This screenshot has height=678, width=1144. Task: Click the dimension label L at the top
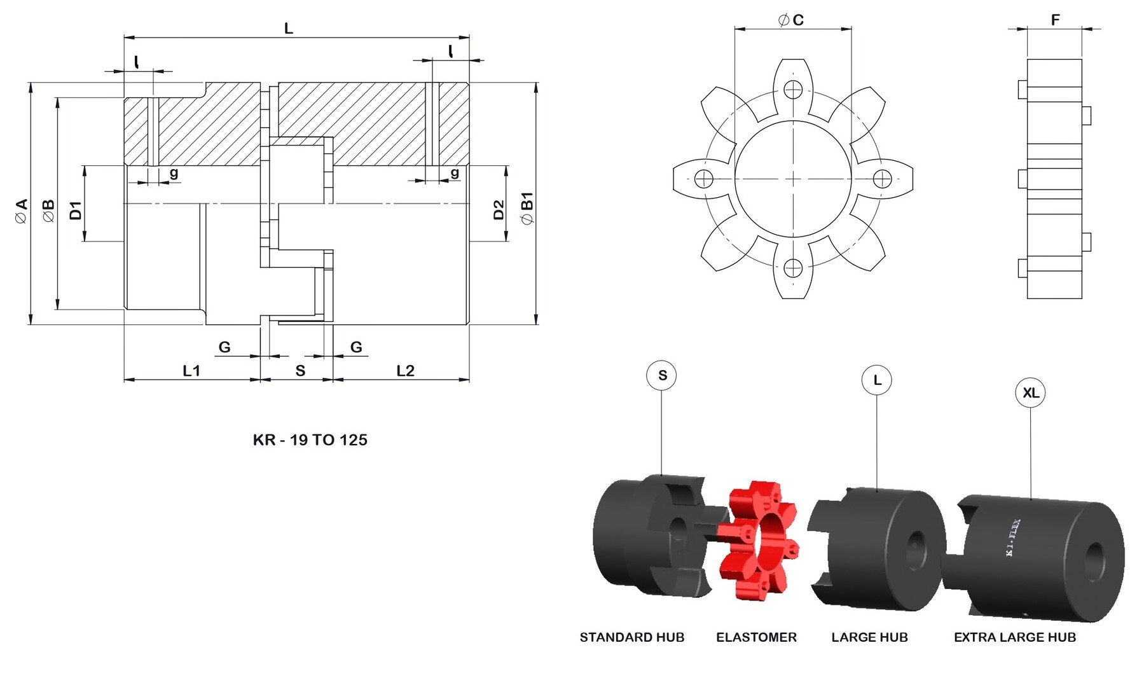pyautogui.click(x=288, y=29)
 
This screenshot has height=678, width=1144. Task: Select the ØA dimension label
pyautogui.click(x=21, y=211)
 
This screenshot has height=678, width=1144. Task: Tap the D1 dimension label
pyautogui.click(x=76, y=211)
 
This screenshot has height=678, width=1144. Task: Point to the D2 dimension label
pyautogui.click(x=499, y=209)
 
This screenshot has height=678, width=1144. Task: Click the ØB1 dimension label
pyautogui.click(x=527, y=208)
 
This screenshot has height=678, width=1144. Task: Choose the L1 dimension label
pyautogui.click(x=191, y=371)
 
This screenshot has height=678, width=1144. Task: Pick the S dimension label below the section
pyautogui.click(x=300, y=371)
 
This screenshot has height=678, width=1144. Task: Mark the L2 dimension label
pyautogui.click(x=405, y=371)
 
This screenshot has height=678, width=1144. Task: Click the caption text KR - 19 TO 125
pyautogui.click(x=310, y=439)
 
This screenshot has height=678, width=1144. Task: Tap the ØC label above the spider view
pyautogui.click(x=791, y=20)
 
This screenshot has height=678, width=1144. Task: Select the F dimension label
pyautogui.click(x=1055, y=20)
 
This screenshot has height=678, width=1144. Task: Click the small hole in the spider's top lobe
pyautogui.click(x=792, y=90)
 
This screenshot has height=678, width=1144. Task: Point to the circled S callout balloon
pyautogui.click(x=661, y=375)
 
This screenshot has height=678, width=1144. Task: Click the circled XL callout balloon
pyautogui.click(x=1030, y=393)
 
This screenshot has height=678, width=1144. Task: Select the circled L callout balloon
pyautogui.click(x=876, y=380)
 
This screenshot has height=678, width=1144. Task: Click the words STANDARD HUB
pyautogui.click(x=631, y=637)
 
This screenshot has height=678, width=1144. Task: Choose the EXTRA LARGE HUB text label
pyautogui.click(x=1014, y=637)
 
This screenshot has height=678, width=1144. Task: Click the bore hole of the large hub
pyautogui.click(x=916, y=548)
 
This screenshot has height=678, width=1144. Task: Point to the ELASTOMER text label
pyautogui.click(x=756, y=637)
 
